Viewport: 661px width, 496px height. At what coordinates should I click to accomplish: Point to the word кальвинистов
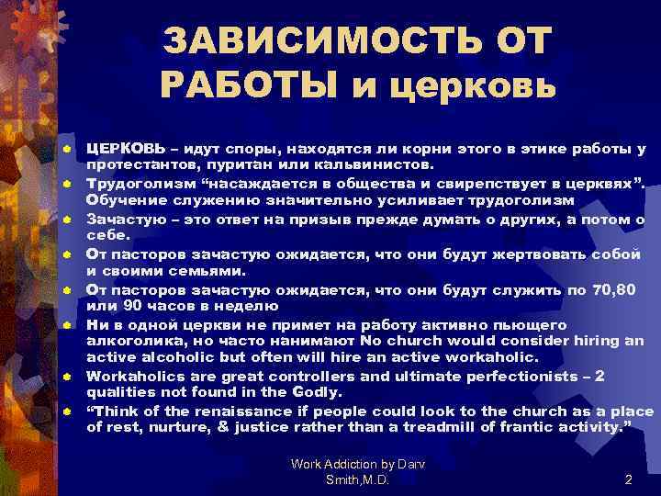point(371,164)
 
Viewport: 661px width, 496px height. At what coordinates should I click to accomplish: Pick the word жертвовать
point(522,254)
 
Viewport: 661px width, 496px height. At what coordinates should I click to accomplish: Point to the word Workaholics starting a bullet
point(135,375)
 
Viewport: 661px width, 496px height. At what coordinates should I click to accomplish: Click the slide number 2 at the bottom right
point(628,479)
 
